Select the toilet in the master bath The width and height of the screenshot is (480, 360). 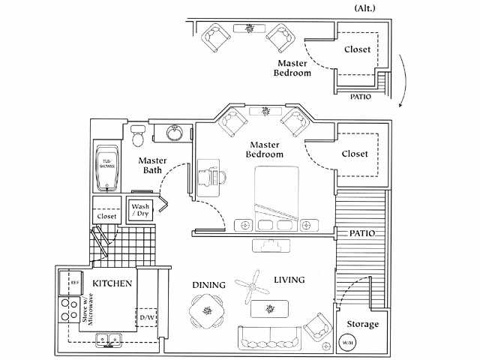click(x=137, y=136)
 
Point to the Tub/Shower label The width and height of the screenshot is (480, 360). click(x=108, y=163)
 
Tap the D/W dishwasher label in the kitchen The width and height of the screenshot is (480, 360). click(x=147, y=318)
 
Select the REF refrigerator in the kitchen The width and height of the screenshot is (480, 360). click(x=65, y=283)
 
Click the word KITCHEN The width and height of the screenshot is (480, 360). click(x=112, y=283)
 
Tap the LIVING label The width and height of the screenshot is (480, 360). click(x=289, y=280)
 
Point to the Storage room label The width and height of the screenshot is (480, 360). click(x=362, y=325)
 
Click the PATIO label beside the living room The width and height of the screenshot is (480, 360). click(x=361, y=234)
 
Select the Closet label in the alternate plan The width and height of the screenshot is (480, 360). click(x=357, y=50)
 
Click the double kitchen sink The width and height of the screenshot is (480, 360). click(x=109, y=338)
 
